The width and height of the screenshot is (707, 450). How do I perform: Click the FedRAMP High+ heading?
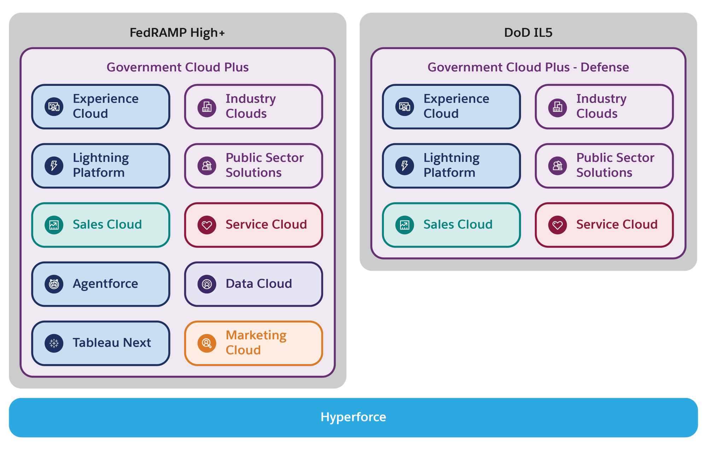177,33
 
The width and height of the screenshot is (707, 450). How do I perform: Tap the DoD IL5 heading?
528,33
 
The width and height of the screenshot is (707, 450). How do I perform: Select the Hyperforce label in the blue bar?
353,417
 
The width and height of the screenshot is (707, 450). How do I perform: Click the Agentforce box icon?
54,284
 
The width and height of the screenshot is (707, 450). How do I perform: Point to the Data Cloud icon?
207,284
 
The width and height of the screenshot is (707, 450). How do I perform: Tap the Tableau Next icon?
54,343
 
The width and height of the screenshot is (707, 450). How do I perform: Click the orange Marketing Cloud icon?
207,343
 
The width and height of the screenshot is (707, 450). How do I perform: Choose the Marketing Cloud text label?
256,343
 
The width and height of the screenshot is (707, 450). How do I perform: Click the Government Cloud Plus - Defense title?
528,67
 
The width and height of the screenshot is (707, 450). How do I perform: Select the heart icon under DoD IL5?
557,225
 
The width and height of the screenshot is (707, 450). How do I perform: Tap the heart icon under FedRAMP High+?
207,225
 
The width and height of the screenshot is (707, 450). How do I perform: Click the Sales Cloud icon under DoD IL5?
405,225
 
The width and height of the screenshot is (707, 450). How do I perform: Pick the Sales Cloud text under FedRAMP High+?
107,224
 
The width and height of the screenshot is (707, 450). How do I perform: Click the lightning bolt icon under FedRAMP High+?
54,165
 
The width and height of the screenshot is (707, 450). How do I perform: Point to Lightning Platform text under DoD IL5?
451,165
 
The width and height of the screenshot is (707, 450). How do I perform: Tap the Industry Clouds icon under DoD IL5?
557,107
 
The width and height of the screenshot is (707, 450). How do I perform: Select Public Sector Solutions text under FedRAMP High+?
264,165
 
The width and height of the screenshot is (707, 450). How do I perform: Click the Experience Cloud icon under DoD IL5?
405,107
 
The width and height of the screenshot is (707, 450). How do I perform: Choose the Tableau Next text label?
112,343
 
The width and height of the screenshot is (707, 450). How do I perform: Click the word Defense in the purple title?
604,67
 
